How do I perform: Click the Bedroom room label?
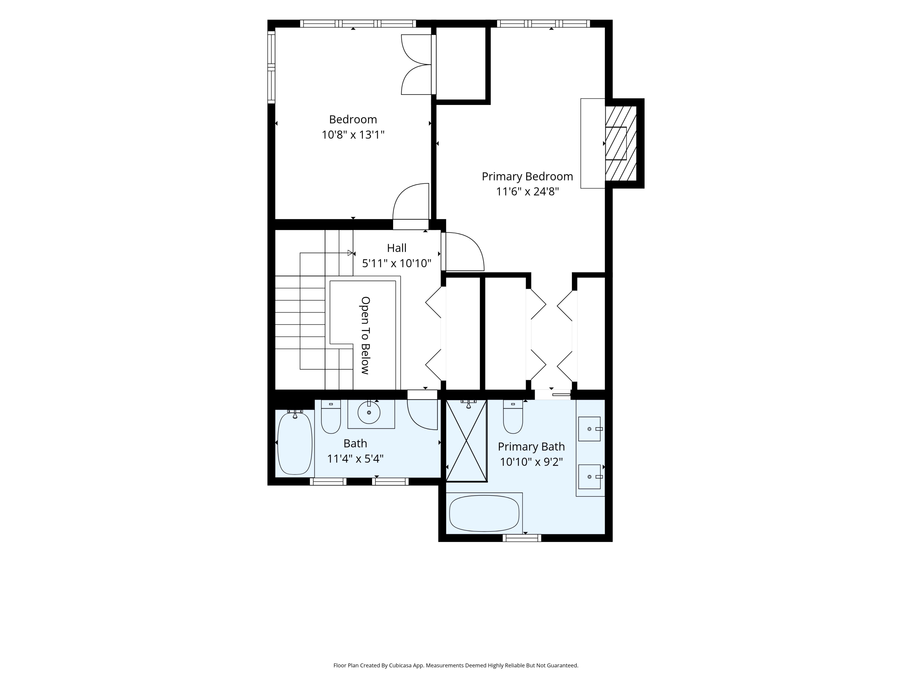(x=353, y=119)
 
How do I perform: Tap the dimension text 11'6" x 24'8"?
(x=527, y=192)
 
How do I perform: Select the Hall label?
(x=397, y=248)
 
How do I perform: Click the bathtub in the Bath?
(x=295, y=443)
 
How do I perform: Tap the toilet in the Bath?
(x=331, y=416)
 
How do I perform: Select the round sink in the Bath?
(x=368, y=412)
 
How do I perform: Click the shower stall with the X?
(x=466, y=440)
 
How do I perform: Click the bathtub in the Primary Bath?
(x=484, y=513)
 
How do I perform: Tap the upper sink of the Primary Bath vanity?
(x=589, y=429)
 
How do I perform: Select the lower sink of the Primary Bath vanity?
(x=589, y=477)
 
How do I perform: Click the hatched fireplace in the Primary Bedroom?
(x=621, y=143)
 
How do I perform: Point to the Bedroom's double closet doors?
(x=416, y=65)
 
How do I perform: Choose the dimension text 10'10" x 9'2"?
(x=531, y=462)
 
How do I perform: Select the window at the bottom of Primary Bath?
(x=522, y=538)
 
